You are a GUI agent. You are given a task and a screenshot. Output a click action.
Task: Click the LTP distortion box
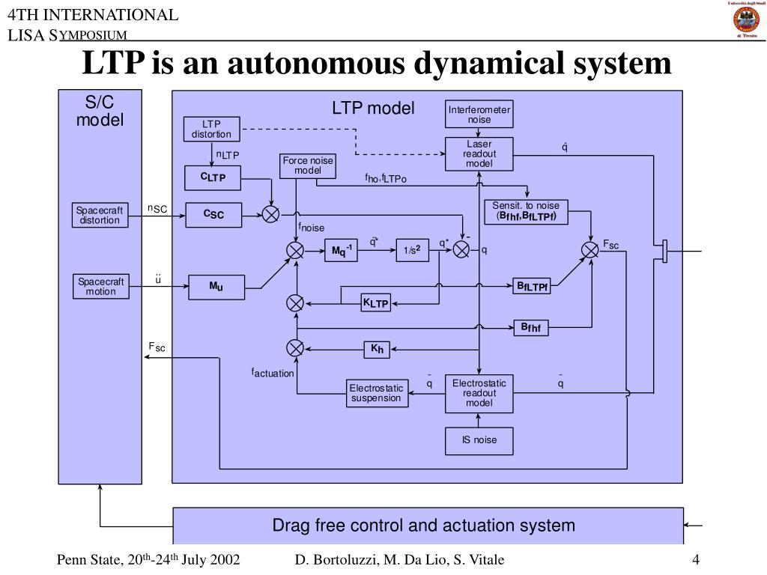coord(212,129)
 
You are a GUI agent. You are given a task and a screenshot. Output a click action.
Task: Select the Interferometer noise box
coord(479,115)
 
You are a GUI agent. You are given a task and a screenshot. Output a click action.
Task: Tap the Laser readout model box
coord(479,153)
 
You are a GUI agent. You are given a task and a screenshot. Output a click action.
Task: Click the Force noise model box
coord(307,165)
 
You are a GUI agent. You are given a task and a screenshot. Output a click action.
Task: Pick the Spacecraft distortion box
coord(100,215)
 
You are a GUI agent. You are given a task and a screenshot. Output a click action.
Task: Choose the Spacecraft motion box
coord(100,286)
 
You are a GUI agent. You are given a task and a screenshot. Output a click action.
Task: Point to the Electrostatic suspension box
coord(376,393)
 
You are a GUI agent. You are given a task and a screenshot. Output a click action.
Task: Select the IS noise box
coord(479,440)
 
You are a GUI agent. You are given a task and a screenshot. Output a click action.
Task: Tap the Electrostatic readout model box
coord(479,393)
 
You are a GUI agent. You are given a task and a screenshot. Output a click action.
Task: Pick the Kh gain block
coord(377,348)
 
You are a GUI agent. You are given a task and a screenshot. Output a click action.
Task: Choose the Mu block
coord(215,286)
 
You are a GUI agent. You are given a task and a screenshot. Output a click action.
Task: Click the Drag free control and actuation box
coord(428,526)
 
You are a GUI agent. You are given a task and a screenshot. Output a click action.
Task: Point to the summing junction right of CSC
coord(270,215)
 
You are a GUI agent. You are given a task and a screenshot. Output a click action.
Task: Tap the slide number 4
coord(696,561)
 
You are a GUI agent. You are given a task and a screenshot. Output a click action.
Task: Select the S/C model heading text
coord(100,110)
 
